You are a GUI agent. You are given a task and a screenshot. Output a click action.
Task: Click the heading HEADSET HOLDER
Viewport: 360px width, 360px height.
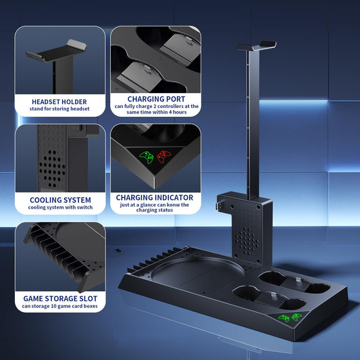[59, 102]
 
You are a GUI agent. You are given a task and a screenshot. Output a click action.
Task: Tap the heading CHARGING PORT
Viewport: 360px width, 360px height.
[156, 99]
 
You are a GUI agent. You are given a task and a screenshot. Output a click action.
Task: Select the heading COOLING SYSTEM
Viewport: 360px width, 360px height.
[60, 200]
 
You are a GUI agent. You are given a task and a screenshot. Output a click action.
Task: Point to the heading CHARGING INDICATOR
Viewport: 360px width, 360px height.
[155, 197]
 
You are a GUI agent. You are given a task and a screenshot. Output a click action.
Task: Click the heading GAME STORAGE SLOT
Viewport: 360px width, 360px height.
[60, 299]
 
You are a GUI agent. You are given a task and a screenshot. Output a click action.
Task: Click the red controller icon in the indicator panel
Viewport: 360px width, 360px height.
[164, 156]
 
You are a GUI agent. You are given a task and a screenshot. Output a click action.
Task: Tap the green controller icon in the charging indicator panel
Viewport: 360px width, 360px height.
[147, 157]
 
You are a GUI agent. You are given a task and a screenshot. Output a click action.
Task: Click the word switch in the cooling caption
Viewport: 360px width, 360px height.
[85, 207]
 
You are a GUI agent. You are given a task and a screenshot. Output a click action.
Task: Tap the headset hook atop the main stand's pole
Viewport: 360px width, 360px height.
[257, 45]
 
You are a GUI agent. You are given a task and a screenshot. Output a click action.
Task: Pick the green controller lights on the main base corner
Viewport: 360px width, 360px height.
[290, 317]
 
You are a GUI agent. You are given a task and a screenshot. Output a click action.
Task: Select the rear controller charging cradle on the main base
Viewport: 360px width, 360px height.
[294, 282]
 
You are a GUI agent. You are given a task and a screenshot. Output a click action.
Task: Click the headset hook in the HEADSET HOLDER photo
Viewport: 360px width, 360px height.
[56, 51]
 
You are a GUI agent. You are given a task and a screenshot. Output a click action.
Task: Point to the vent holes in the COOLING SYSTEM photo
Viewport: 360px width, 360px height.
[52, 169]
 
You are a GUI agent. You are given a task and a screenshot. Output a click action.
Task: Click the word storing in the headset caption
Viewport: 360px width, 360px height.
[61, 109]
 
